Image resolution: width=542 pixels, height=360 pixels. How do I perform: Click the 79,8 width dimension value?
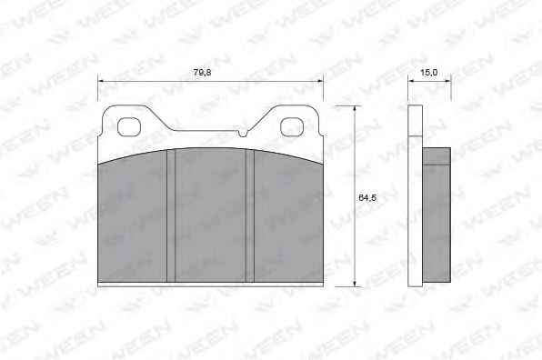202,72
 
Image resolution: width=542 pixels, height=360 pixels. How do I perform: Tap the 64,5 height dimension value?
367,198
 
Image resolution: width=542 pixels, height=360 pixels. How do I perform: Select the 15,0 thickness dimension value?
428,72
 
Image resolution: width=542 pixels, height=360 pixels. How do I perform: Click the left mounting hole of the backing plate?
129,126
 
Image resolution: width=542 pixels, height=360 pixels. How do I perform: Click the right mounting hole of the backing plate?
292,126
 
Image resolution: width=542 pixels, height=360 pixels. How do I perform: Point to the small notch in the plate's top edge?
244,133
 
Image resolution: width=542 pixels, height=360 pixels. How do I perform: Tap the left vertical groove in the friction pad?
171,215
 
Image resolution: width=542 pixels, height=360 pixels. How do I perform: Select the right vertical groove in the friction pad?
249,215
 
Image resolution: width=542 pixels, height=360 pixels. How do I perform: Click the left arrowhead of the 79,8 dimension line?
101,81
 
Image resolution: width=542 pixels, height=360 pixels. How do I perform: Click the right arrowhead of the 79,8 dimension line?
320,81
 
